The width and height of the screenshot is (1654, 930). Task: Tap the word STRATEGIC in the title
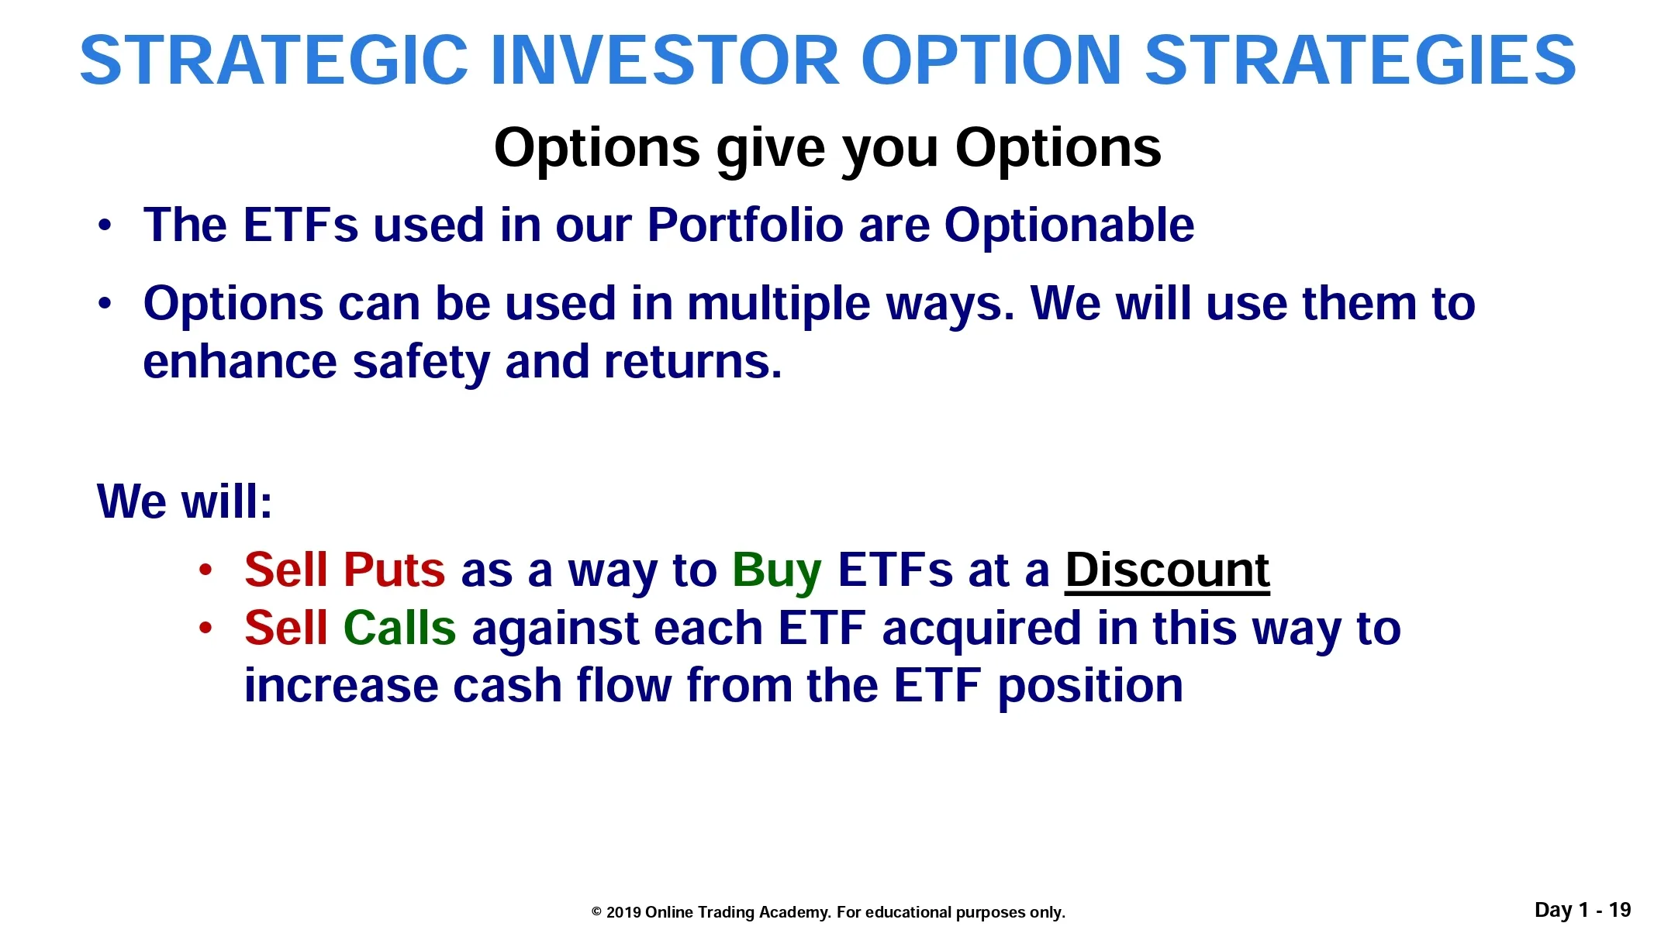275,60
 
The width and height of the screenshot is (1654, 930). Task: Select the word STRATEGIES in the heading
1361,60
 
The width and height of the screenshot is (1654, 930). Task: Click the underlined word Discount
1167,570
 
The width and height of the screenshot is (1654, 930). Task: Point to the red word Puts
394,570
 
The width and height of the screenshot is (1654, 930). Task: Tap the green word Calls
399,628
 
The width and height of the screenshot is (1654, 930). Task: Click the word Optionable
1069,226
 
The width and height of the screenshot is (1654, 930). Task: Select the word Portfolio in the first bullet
745,226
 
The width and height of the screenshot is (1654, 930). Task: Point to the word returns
693,363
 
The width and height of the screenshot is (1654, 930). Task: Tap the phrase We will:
185,501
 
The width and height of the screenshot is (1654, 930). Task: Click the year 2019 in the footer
623,912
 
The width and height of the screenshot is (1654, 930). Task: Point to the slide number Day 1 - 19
1583,910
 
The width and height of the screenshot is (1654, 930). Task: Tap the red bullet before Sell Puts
205,570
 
